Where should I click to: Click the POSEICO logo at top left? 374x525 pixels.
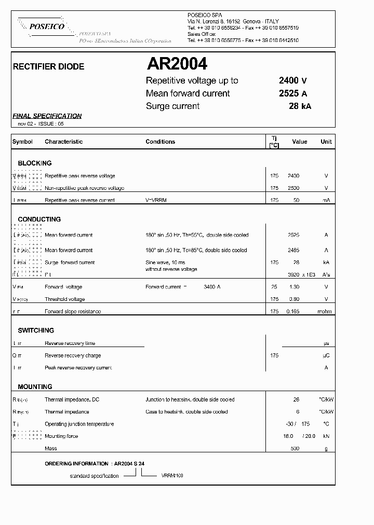pos(46,26)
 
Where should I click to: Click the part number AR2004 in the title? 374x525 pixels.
pos(177,64)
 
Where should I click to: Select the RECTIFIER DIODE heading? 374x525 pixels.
pos(48,67)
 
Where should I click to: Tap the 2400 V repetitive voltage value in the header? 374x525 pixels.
pos(293,80)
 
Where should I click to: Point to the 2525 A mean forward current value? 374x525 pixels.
pos(293,93)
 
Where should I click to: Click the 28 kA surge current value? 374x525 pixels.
pos(300,106)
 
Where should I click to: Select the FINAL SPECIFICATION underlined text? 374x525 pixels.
pos(47,116)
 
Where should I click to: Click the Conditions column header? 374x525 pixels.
pos(160,142)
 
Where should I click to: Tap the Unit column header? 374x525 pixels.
pos(326,142)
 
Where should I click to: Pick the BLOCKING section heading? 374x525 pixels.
pos(35,163)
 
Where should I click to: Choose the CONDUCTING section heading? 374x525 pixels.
pos(39,219)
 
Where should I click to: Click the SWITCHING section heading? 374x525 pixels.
pos(36,330)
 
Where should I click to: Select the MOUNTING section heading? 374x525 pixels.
pos(35,387)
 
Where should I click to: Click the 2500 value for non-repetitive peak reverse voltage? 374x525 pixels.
pos(293,188)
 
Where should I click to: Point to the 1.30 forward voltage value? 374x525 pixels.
pos(294,287)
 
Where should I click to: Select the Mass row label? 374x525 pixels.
pos(51,449)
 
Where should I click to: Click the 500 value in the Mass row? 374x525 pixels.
pos(295,449)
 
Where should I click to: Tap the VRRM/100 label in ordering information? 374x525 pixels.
pos(172,475)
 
